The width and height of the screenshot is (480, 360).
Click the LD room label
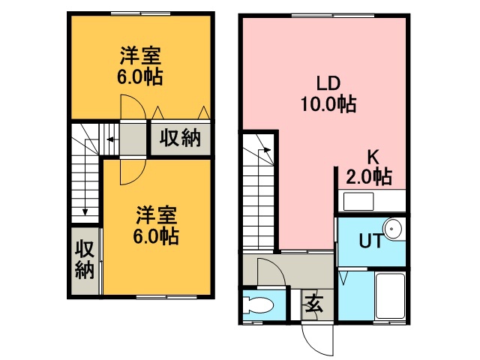[328, 83]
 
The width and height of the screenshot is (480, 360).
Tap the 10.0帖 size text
[328, 104]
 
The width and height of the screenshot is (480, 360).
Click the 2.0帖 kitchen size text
[369, 177]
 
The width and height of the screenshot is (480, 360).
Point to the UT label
[371, 241]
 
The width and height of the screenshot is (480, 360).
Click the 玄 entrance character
[314, 303]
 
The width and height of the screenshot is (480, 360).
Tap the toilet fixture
[258, 306]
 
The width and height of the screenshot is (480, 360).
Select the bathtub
[390, 296]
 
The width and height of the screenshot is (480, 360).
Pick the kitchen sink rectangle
[358, 201]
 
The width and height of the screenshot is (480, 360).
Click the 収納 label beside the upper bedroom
[180, 137]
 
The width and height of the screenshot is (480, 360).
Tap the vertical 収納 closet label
[85, 259]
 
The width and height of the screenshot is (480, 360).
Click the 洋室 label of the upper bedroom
[140, 55]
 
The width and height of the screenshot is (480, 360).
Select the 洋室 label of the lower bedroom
[157, 216]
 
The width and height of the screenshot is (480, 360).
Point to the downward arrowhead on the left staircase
[85, 211]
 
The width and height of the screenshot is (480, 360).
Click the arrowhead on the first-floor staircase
[268, 150]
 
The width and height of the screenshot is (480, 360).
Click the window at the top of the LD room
[333, 15]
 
